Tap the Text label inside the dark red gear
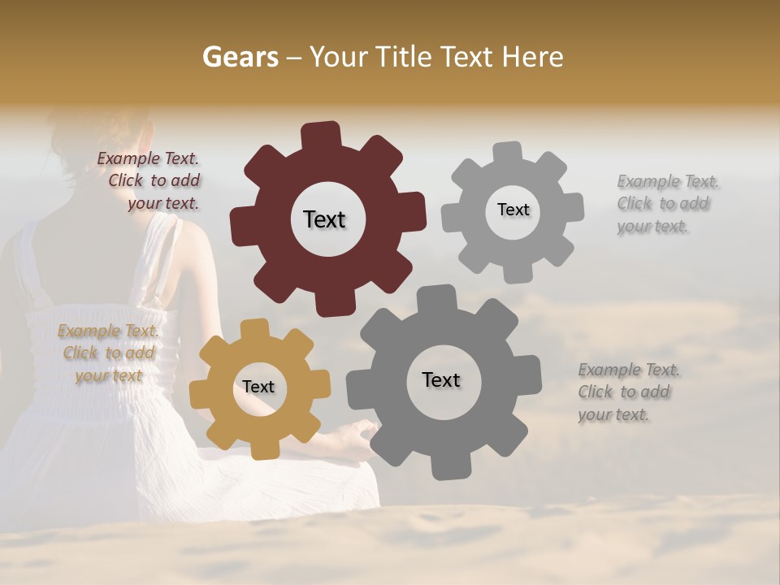pos(324,219)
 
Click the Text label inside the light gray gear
pos(513,210)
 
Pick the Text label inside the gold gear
pos(258,387)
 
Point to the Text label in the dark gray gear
pos(441,379)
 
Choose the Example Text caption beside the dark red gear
pos(150,180)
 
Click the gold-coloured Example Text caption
pos(107,353)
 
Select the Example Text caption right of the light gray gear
pos(667,203)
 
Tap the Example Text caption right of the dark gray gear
pos(628,392)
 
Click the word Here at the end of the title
pos(533,57)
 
